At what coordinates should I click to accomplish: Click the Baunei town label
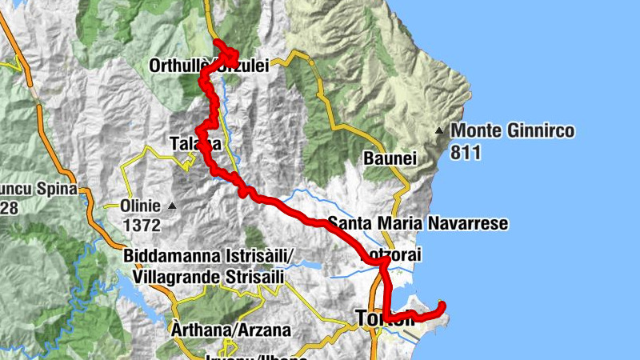click(x=391, y=158)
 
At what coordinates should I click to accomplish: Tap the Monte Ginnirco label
click(x=512, y=131)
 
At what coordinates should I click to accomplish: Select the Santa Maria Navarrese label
click(x=418, y=223)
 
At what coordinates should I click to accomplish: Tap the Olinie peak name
click(x=140, y=204)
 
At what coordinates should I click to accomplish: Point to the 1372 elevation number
click(x=140, y=226)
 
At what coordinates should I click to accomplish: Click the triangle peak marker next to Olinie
click(x=171, y=206)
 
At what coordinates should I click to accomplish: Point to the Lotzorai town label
click(x=392, y=255)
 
